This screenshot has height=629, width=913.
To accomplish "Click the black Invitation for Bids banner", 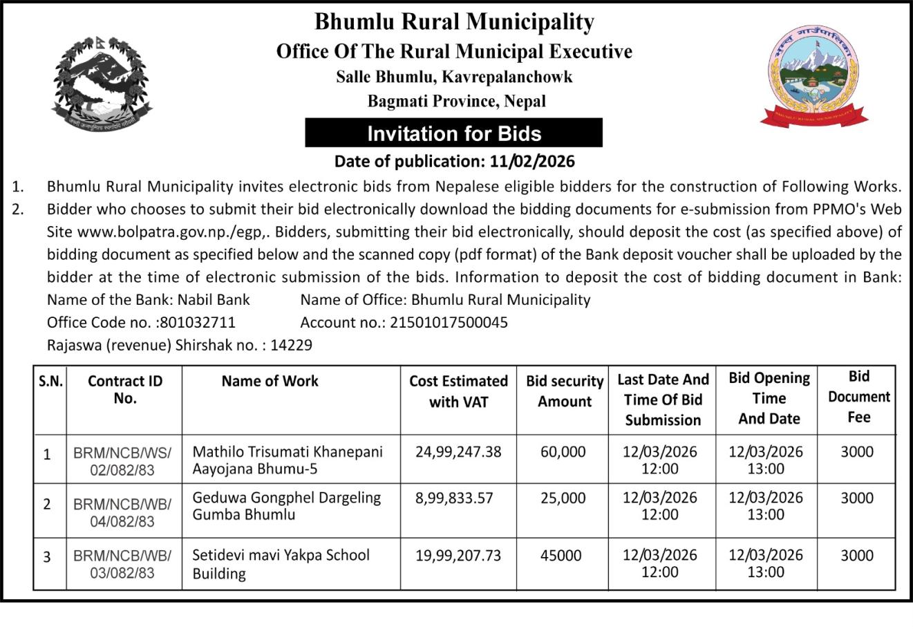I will pos(453,133).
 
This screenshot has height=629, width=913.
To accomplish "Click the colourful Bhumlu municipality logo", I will pos(813,77).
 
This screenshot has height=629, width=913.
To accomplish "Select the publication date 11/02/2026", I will pos(532,162).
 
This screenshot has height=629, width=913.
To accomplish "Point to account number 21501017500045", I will pos(449,322).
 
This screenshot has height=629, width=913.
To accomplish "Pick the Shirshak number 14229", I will pos(291,344).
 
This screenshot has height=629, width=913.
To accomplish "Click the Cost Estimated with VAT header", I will pos(458,391).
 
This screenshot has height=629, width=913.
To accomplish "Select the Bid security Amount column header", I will pos(565,391).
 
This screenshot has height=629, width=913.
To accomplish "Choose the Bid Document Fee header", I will pos(858,397).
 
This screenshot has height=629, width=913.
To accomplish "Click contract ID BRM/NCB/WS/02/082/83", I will pos(122,461).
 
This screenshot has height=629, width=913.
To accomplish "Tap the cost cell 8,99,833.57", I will pos(454,498).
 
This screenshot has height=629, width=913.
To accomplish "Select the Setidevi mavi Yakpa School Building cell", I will pos(281,564).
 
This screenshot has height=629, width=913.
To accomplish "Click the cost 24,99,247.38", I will pos(458,452).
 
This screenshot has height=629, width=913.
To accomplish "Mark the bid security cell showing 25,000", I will pos(563,498).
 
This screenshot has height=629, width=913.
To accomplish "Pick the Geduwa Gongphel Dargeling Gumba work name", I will pos(286,506).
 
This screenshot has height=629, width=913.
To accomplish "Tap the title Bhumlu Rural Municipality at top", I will pos(454,22).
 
